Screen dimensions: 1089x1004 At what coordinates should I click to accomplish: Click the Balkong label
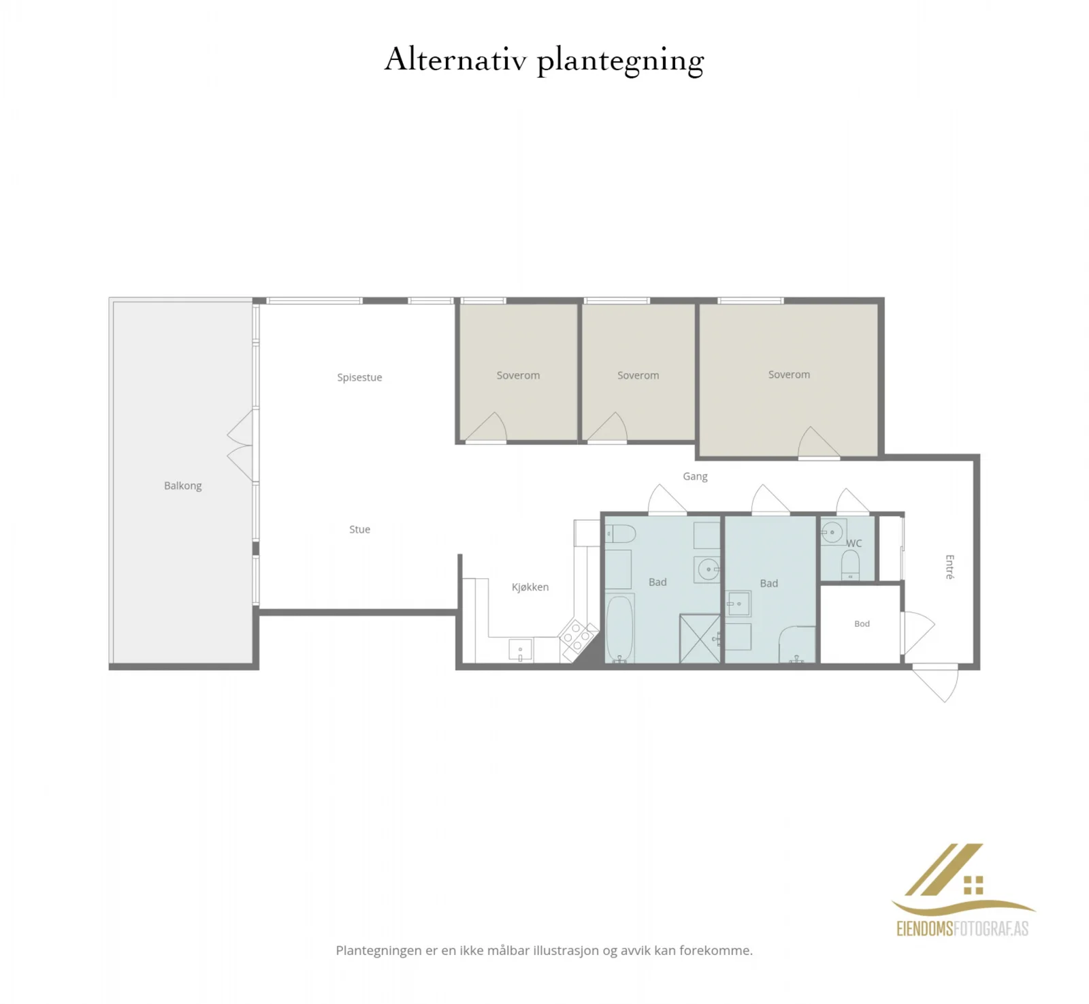[x=182, y=486]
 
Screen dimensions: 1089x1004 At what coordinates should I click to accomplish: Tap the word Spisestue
[x=359, y=377]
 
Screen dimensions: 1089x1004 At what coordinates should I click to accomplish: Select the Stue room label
[x=359, y=529]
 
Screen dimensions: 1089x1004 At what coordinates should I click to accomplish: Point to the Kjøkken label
[x=530, y=587]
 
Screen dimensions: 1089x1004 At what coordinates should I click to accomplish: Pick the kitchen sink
[x=521, y=650]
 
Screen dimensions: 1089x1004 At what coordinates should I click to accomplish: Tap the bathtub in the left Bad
[x=619, y=629]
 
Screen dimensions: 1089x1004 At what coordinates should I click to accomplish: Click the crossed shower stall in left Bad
[x=700, y=638]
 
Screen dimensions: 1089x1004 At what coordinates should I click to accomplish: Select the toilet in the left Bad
[x=620, y=533]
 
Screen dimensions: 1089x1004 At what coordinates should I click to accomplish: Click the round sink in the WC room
[x=832, y=532]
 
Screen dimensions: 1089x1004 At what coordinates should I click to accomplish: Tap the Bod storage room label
[x=862, y=624]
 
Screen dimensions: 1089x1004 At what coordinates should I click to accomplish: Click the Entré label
[x=949, y=567]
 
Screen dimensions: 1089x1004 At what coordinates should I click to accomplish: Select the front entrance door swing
[x=935, y=683]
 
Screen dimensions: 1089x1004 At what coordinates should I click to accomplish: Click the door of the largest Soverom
[x=818, y=443]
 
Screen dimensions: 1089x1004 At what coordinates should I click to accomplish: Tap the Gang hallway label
[x=695, y=477]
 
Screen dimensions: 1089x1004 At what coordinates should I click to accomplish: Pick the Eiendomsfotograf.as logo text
[x=962, y=928]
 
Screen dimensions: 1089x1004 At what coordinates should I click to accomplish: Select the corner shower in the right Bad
[x=797, y=644]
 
